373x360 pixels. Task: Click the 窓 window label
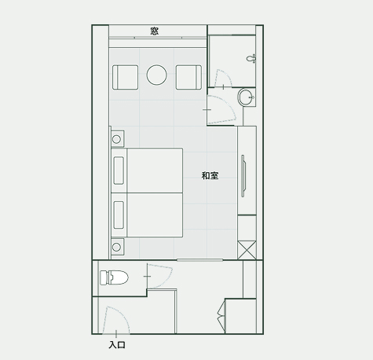point(155,31)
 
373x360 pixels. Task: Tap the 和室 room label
point(210,175)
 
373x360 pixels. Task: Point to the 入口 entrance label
point(117,345)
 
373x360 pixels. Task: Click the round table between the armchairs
point(156,75)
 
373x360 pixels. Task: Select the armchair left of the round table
point(125,77)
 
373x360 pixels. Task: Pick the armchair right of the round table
point(188,77)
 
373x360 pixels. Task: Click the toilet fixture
point(114,277)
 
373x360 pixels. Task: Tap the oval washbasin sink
point(247,97)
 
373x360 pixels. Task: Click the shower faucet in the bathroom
point(251,58)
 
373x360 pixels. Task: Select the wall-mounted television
point(243,175)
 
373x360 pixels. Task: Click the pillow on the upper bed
point(119,171)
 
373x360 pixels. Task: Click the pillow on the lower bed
point(119,215)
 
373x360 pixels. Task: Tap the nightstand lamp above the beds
point(116,139)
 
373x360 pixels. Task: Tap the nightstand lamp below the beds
point(116,247)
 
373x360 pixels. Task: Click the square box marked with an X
point(247,250)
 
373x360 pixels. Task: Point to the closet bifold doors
point(221,316)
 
